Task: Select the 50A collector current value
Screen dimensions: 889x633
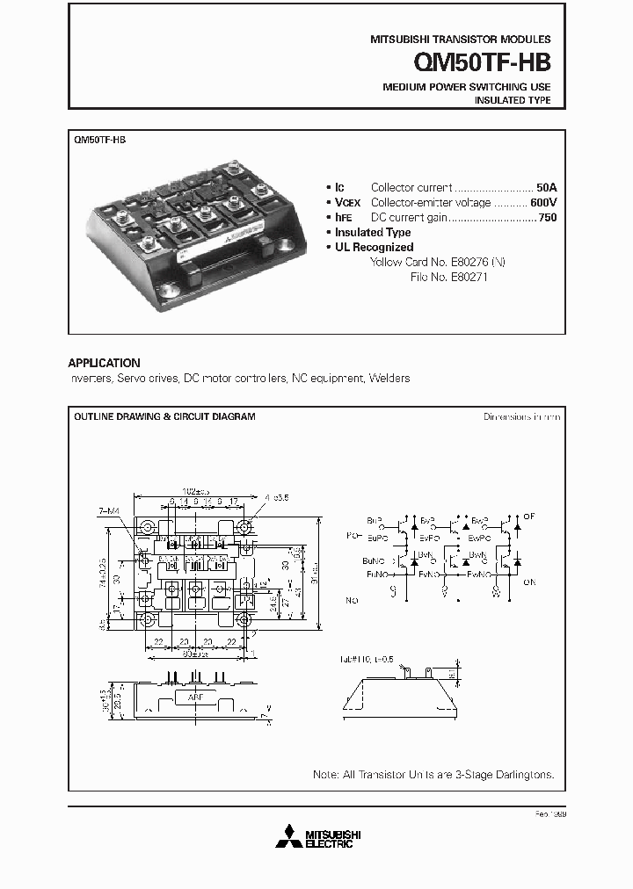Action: point(547,187)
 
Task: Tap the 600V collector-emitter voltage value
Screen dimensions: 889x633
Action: point(543,202)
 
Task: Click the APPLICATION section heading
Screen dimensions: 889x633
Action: point(104,363)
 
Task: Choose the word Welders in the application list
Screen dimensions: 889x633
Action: point(390,378)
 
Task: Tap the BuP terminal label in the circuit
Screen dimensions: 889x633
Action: point(375,519)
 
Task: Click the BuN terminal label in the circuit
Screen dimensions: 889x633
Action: point(373,560)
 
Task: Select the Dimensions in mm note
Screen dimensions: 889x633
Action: point(521,416)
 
